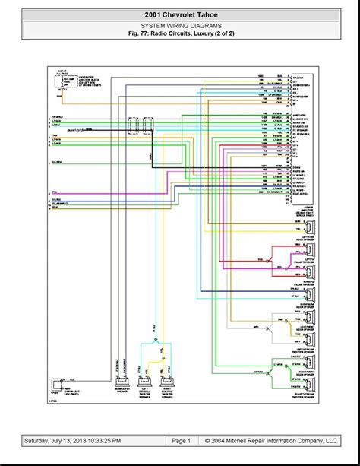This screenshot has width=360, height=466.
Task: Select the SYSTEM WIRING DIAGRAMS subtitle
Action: pos(179,27)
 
